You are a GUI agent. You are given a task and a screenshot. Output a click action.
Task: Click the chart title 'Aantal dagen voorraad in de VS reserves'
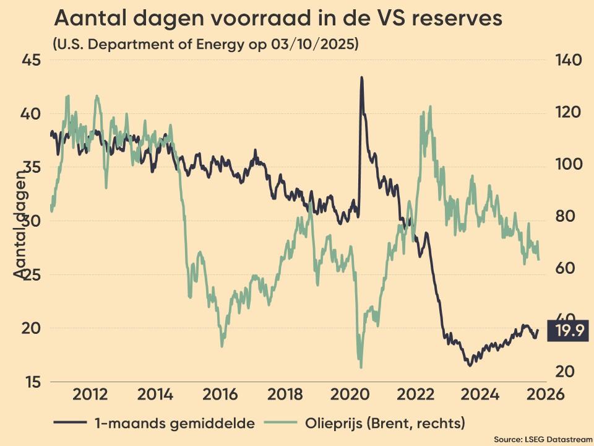click(278, 19)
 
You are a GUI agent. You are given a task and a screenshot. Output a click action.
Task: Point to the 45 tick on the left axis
click(33, 61)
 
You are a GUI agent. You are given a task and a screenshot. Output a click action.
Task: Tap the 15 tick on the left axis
click(33, 382)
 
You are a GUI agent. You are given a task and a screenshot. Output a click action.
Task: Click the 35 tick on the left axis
click(33, 168)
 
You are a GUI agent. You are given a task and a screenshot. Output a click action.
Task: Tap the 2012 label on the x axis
click(90, 395)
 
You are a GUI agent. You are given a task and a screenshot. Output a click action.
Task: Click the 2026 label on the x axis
click(545, 395)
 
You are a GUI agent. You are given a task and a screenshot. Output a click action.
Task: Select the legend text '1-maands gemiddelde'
click(175, 424)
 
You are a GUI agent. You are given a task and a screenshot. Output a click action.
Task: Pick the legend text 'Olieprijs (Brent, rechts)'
click(385, 424)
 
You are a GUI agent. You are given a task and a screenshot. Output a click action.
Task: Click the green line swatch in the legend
click(280, 423)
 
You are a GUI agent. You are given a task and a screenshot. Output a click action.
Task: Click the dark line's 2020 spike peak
click(361, 77)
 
